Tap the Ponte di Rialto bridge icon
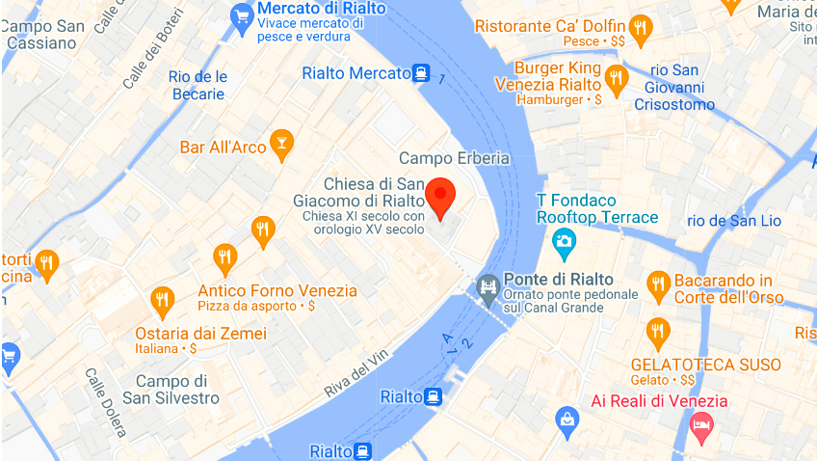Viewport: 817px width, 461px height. [x=488, y=286]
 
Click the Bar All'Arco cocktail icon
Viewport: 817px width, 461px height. [x=280, y=146]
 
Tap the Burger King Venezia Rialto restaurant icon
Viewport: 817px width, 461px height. [x=617, y=78]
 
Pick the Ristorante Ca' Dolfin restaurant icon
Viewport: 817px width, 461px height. [x=638, y=27]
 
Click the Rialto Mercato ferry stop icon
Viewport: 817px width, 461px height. [x=421, y=72]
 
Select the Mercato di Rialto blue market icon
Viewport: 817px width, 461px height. [x=242, y=16]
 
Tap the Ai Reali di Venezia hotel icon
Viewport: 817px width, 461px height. [x=700, y=424]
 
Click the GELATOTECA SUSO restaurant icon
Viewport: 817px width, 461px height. [x=658, y=333]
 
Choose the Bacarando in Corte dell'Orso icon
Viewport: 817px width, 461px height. [x=659, y=284]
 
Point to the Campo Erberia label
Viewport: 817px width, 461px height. [x=454, y=158]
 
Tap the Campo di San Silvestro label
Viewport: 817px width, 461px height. [x=171, y=389]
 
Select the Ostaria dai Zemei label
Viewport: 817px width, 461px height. [x=200, y=334]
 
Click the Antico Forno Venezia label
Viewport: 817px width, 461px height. [x=277, y=290]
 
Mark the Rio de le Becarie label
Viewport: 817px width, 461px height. [x=198, y=85]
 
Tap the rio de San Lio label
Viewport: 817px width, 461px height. [x=735, y=220]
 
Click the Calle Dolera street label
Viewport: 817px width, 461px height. [x=105, y=400]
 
